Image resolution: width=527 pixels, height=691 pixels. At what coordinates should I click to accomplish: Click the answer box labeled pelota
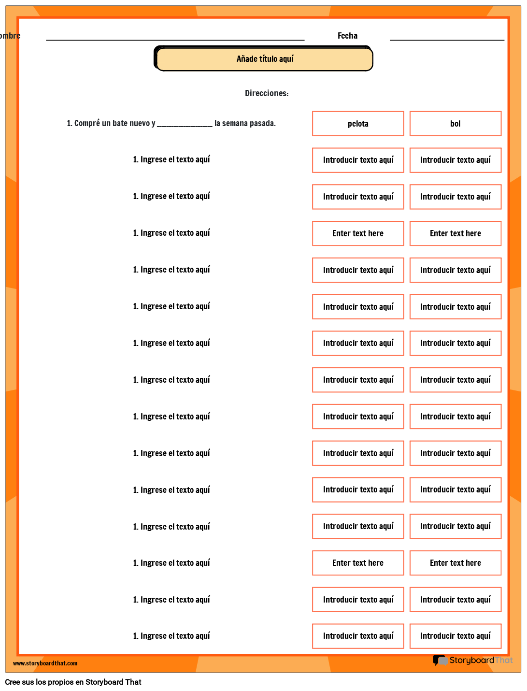(358, 124)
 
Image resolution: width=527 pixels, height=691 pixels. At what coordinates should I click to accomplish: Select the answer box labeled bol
(455, 124)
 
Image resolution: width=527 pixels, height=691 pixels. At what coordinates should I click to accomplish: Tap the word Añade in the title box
(247, 59)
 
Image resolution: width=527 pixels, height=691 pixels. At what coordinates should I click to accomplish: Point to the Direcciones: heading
(266, 93)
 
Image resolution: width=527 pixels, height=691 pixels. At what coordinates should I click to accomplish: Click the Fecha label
(347, 36)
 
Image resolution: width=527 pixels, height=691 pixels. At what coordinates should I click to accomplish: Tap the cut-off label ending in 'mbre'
(11, 36)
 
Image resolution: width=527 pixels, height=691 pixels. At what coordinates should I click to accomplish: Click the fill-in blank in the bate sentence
(185, 125)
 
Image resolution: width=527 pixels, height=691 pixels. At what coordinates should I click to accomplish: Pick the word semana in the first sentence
(235, 123)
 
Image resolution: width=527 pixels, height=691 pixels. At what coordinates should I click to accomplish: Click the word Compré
(87, 123)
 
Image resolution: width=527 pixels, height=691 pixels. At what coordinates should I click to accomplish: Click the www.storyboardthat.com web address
(45, 663)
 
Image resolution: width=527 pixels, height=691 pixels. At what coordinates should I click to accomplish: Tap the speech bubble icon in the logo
(440, 660)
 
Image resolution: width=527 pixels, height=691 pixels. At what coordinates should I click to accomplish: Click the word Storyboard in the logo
(471, 660)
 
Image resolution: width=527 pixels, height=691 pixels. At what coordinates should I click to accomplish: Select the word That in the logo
(504, 660)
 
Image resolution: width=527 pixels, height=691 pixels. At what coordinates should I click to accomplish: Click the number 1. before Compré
(69, 123)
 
